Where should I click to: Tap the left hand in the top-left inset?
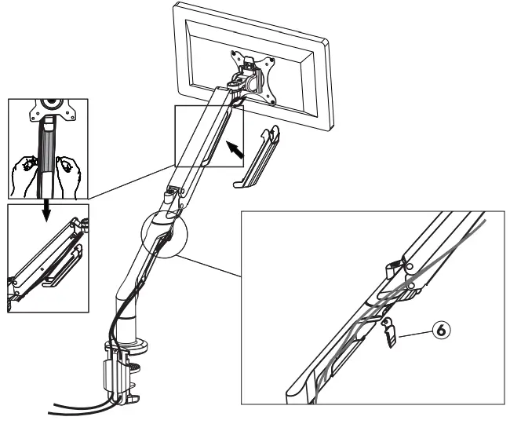(26, 171)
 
